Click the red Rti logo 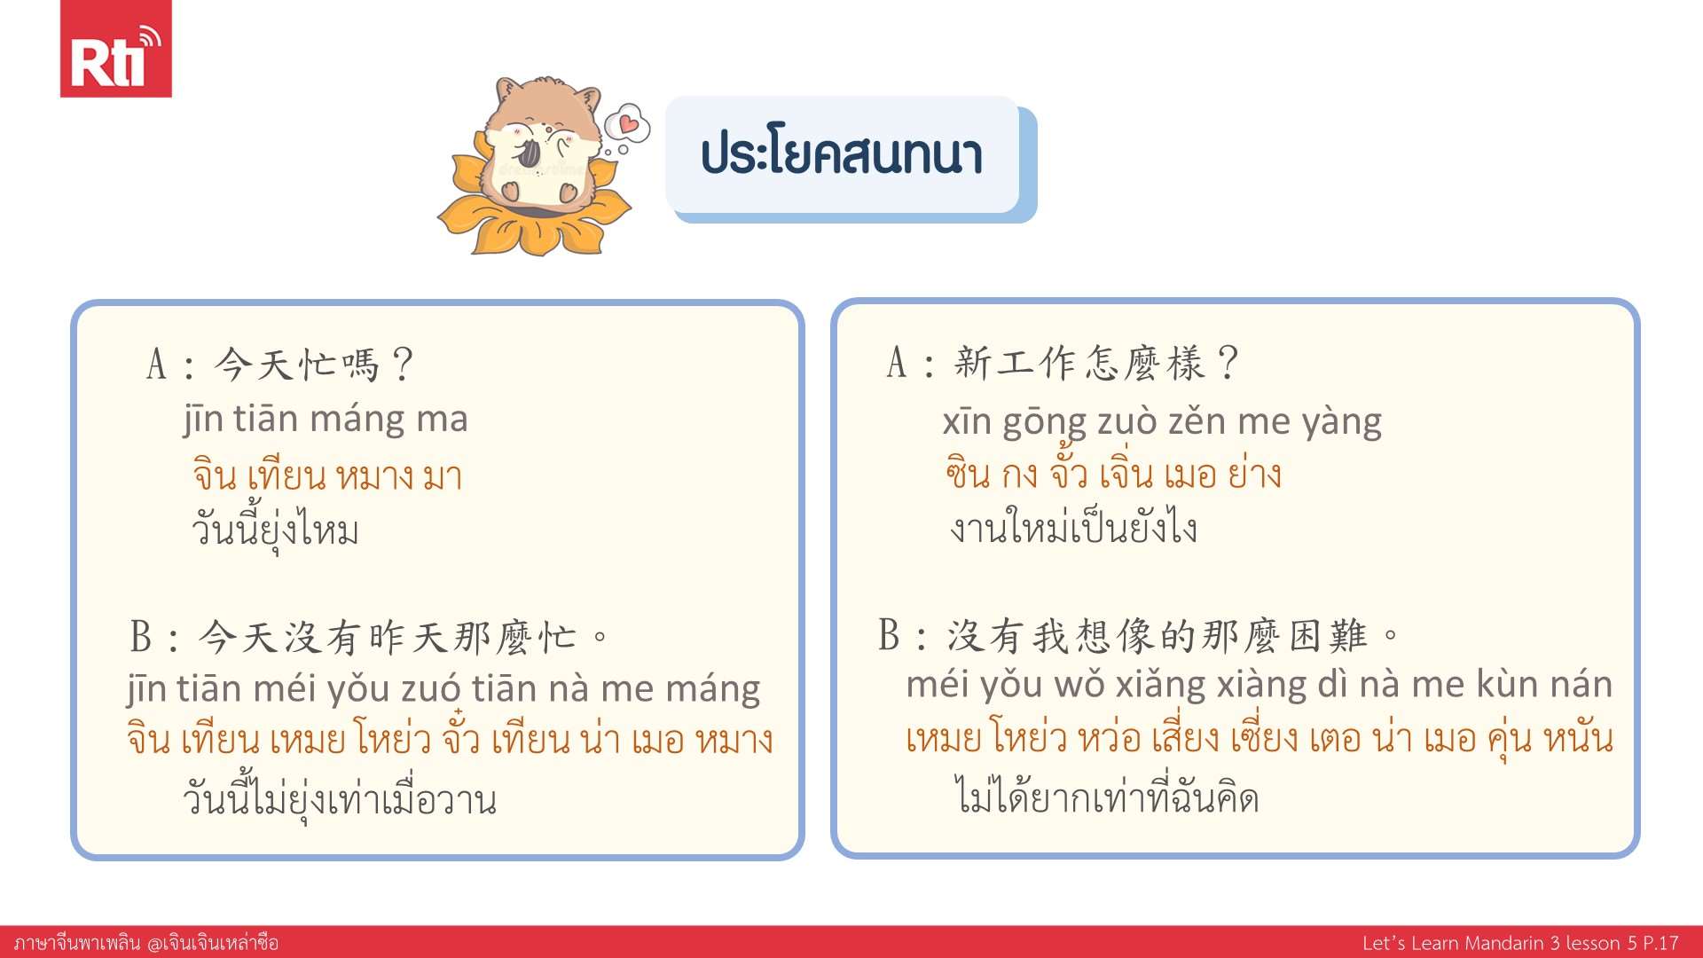coord(115,49)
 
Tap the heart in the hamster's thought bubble coord(629,122)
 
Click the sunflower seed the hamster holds coord(529,153)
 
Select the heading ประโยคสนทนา coord(841,155)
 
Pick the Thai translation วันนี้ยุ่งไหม coord(275,530)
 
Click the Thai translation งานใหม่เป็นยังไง coord(1073,527)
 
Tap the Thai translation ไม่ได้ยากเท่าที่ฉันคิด coord(1106,796)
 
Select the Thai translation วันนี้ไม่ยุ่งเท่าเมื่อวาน coord(339,798)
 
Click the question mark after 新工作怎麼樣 coord(1228,363)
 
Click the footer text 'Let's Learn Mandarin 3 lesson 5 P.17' coord(1520,943)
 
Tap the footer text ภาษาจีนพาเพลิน coord(77,943)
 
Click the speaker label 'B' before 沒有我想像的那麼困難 coord(890,635)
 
